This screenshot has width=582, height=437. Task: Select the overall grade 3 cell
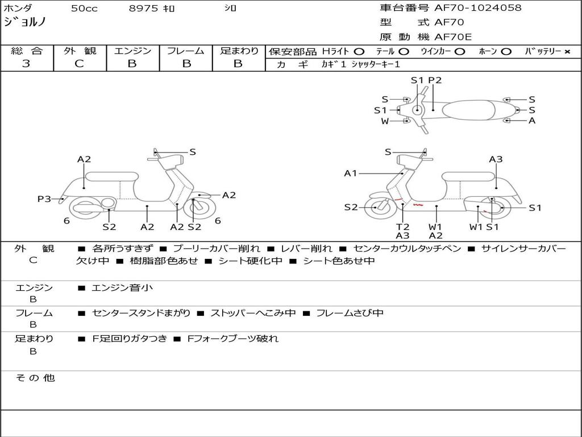click(x=26, y=64)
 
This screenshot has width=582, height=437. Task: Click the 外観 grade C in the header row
click(x=79, y=64)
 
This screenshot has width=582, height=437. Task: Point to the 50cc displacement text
click(x=84, y=9)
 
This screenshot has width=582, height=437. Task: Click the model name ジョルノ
click(x=25, y=23)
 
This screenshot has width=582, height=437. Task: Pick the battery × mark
click(x=567, y=51)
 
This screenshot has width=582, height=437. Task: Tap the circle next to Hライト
click(x=359, y=51)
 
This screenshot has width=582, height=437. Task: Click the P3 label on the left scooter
click(x=44, y=199)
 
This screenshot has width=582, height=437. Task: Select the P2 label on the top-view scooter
click(x=435, y=80)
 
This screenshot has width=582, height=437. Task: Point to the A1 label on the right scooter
click(x=351, y=173)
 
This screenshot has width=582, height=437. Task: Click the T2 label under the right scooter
click(x=402, y=226)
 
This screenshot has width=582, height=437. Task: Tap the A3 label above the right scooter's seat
click(x=496, y=159)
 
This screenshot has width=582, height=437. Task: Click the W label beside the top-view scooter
click(x=385, y=121)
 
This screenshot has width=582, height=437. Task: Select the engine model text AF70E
click(x=453, y=37)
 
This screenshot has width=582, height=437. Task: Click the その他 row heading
click(x=35, y=378)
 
